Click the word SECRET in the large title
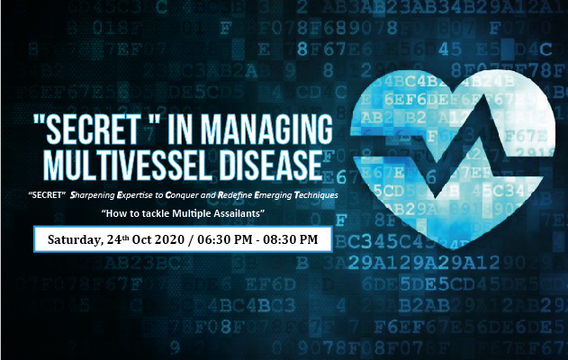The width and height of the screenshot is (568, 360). (x=93, y=130)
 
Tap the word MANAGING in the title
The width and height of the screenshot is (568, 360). (x=266, y=130)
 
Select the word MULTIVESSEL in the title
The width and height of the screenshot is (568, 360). (x=127, y=166)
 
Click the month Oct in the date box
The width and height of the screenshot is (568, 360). (x=141, y=239)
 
